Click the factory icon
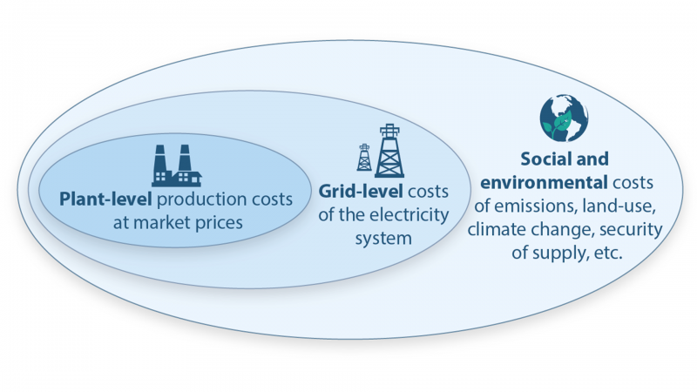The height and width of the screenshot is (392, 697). click(x=177, y=166)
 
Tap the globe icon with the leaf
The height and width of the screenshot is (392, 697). click(x=564, y=118)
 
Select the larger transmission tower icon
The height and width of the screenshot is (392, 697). click(x=389, y=151)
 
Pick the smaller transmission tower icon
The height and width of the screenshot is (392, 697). click(x=364, y=158)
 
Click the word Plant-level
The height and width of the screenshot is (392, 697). click(x=105, y=199)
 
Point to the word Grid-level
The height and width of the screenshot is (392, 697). click(x=361, y=191)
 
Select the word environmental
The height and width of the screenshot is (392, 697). click(x=544, y=182)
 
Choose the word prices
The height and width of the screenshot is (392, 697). click(x=220, y=223)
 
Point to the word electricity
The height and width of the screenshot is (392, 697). click(x=409, y=215)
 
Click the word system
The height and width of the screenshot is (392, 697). click(x=383, y=239)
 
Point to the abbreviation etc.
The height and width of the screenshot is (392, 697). click(x=608, y=253)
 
